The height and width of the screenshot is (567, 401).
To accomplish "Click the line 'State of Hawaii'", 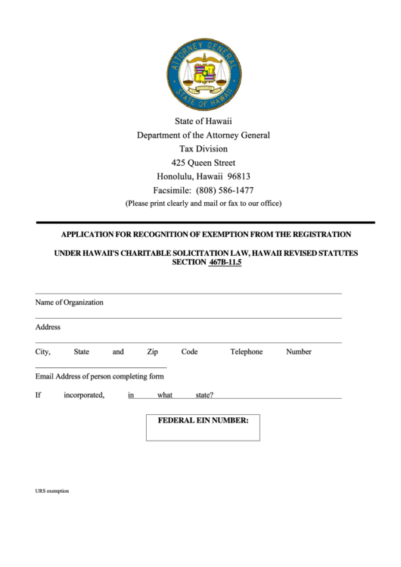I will [203, 121].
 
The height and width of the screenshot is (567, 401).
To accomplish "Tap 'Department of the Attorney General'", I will [203, 135].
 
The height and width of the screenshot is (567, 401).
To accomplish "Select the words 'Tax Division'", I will [203, 149].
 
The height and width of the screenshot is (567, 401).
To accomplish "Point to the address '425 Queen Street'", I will [203, 163].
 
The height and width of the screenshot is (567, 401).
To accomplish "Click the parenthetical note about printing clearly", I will [203, 204].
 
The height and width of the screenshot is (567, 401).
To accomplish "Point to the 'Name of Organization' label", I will [69, 302].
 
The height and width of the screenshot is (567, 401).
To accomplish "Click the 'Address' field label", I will [48, 327].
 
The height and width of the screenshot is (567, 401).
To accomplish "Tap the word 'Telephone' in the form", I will [247, 351].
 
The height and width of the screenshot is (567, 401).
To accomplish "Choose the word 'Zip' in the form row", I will [152, 351].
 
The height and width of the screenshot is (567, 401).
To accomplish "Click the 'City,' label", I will [42, 351].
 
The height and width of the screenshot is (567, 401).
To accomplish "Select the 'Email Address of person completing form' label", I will [99, 376].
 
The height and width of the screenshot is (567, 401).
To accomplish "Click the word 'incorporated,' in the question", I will [84, 395].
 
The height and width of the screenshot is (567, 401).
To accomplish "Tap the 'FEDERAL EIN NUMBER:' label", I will [202, 419].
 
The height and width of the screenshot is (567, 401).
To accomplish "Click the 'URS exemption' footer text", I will [51, 491].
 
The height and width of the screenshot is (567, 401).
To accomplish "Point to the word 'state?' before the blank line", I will [204, 395].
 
